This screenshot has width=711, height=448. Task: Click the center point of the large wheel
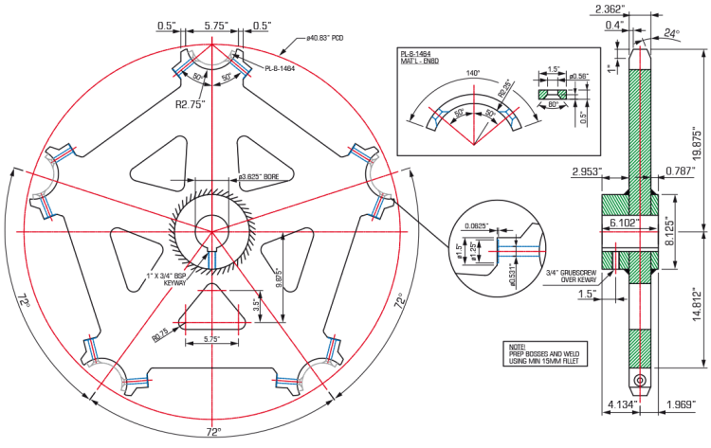[x=211, y=230]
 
